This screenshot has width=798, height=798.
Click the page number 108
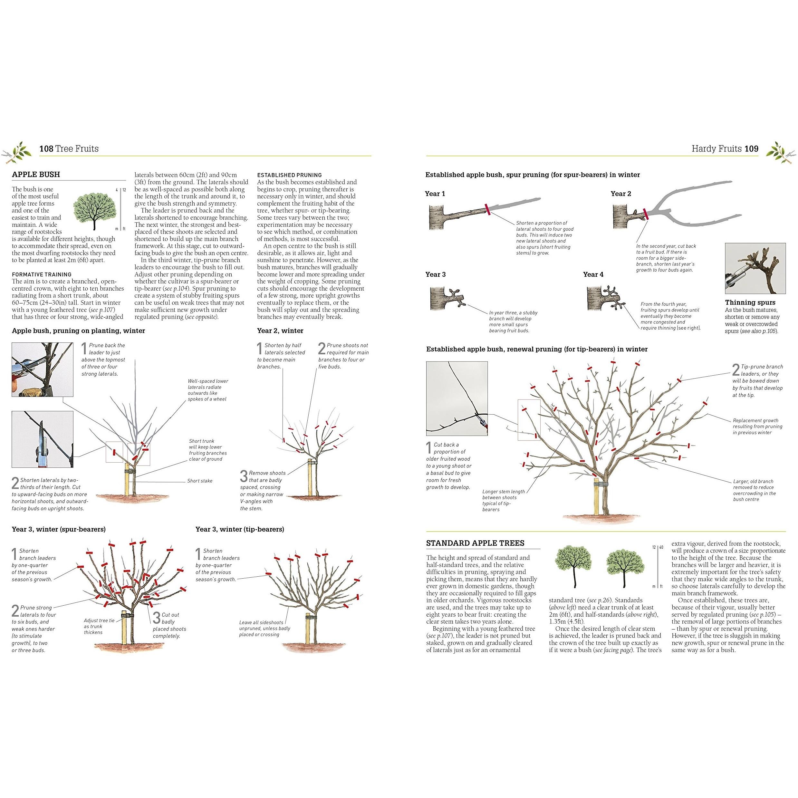46,149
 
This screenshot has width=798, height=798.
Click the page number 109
751,149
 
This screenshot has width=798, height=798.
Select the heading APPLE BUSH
36,174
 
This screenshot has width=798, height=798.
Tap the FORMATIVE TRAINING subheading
42,274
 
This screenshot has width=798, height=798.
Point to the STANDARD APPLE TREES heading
475,543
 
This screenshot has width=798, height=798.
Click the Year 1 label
435,194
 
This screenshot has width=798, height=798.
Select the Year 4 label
593,274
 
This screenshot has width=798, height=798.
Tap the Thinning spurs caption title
750,302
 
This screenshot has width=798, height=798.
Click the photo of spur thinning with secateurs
755,268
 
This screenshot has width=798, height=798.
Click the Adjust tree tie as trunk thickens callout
99,626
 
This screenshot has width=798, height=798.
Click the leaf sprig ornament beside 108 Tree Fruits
19,151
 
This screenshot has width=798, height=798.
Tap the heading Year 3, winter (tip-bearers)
240,529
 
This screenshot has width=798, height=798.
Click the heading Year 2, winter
280,331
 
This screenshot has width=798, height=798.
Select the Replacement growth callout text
757,426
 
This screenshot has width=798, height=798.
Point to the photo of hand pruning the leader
42,370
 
